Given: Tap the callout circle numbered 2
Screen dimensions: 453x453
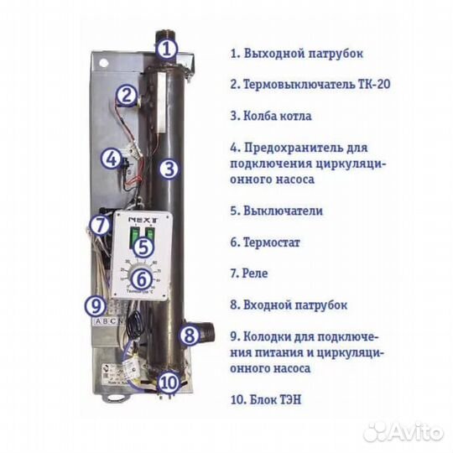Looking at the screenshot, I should [126, 95].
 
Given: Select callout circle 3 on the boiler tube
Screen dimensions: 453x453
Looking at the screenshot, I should [169, 168].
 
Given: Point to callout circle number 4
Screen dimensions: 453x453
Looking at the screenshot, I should [111, 158].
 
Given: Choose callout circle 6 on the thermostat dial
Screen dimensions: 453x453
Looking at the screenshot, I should [142, 279].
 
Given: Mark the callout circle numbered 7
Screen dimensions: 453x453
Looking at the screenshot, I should [100, 225].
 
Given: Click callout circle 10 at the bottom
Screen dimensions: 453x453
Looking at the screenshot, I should [168, 383].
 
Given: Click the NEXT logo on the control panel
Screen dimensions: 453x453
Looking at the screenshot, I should [140, 217].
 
